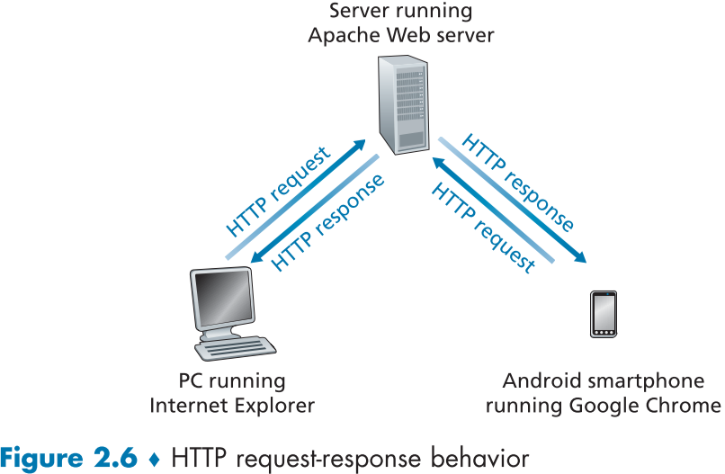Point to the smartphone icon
pyautogui.click(x=603, y=315)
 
